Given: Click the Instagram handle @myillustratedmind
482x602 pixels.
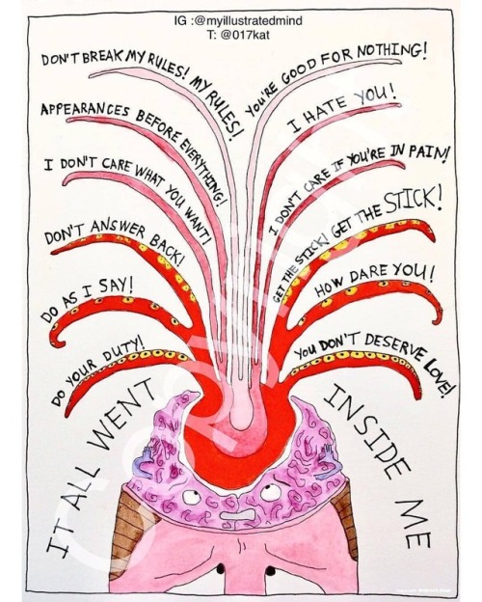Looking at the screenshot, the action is [249, 20].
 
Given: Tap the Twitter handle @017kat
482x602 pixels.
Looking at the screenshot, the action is [245, 35].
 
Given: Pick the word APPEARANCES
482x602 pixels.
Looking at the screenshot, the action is [85, 111].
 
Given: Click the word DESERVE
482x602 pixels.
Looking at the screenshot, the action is [391, 344].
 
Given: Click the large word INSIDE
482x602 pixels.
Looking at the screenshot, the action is [366, 431].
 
